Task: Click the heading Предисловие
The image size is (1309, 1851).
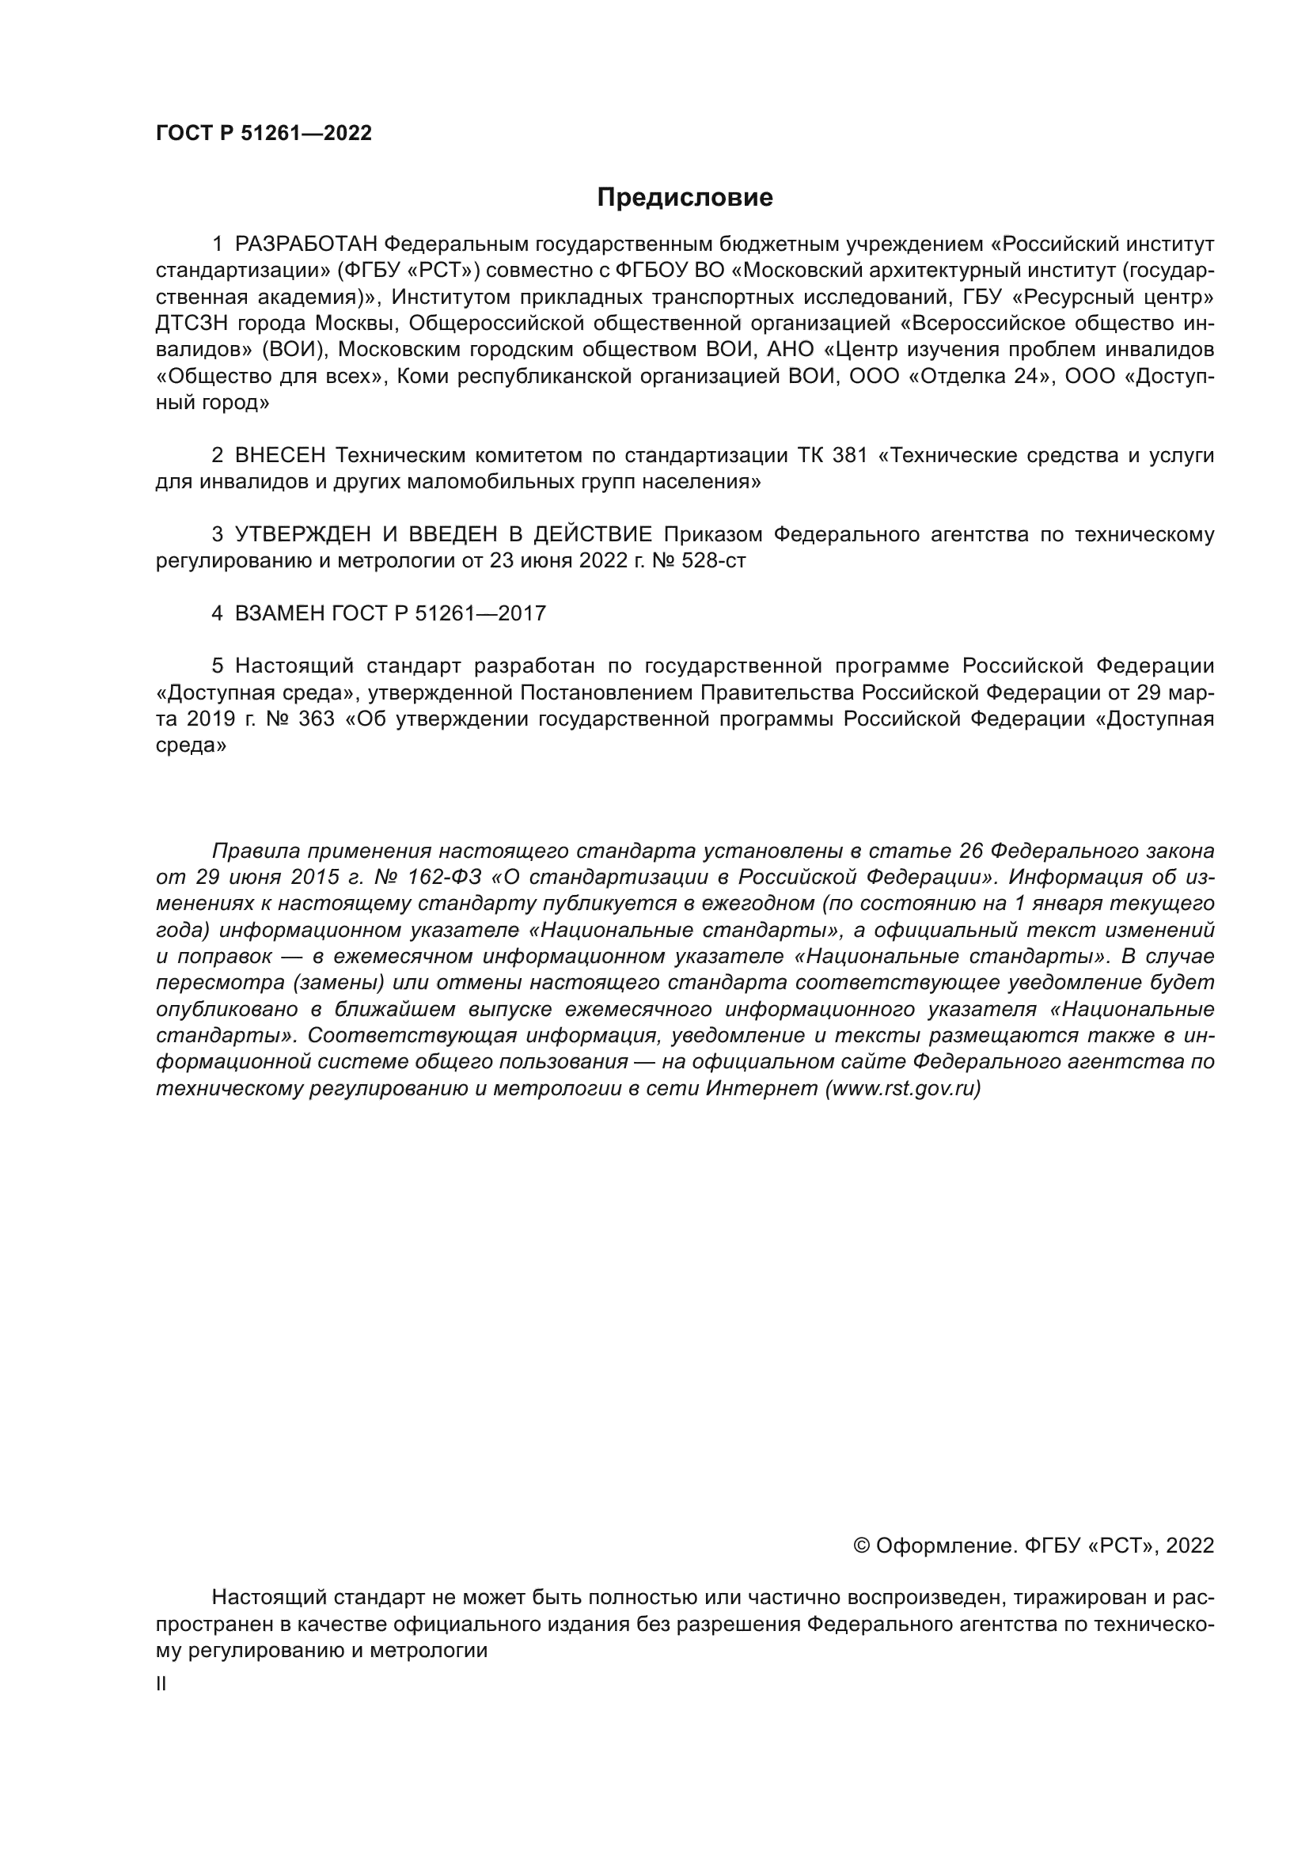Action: (x=685, y=198)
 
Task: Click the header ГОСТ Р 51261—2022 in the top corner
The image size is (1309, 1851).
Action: (x=264, y=134)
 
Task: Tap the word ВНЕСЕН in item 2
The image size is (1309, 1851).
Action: (x=279, y=456)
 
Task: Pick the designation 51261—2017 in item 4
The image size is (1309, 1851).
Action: (x=480, y=613)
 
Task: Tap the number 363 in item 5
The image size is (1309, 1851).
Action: (x=316, y=719)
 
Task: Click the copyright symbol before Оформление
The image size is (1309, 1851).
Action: (x=861, y=1546)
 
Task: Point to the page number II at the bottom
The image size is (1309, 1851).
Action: (x=161, y=1684)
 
